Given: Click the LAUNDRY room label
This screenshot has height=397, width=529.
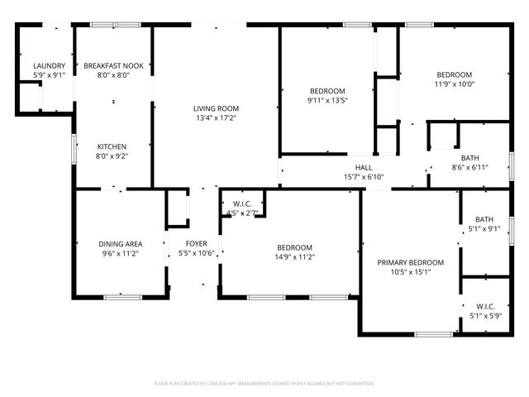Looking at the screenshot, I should [49, 65].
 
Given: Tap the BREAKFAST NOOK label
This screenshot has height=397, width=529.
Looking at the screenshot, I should [113, 65].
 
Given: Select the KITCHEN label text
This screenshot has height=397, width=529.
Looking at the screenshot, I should [112, 146].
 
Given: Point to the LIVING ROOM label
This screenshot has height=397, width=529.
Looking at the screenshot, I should [216, 108].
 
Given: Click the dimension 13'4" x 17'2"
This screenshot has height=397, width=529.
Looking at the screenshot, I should [216, 118].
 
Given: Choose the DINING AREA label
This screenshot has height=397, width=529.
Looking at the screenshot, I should [121, 244].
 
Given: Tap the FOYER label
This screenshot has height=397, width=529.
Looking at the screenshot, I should [196, 244].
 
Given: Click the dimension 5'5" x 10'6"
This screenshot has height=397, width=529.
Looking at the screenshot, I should [196, 254].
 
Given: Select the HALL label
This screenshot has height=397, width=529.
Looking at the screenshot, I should [364, 166].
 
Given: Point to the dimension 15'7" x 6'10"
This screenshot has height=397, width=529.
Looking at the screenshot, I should [364, 176].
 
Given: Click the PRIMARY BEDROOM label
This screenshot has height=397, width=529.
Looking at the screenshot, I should [411, 263].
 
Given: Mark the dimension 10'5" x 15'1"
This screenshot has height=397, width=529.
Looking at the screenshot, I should [411, 273].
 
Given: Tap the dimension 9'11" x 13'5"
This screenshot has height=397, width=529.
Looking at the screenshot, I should [327, 101].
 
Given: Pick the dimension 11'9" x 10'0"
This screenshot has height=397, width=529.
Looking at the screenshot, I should [454, 84].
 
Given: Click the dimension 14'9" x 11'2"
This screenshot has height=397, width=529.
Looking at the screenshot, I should [294, 257].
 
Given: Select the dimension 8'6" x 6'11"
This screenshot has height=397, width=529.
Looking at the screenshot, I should [470, 168].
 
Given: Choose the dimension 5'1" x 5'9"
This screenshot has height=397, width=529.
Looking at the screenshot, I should [485, 314].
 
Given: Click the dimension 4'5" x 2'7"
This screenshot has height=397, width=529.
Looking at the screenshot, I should [242, 213].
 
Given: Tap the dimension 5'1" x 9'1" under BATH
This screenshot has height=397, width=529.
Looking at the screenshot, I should [484, 229].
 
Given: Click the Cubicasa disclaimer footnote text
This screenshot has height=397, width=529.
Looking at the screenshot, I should [264, 384].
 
